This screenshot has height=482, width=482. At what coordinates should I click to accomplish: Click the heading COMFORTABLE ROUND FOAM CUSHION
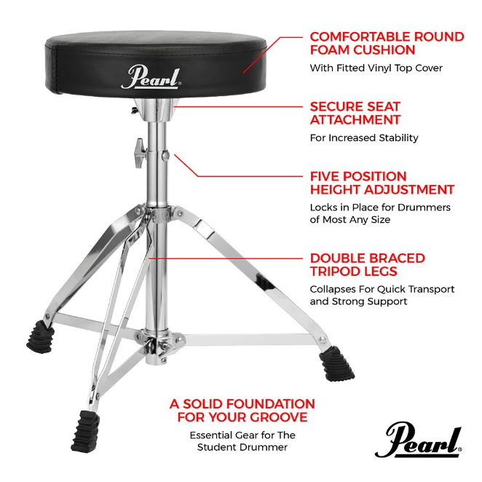[x=387, y=43]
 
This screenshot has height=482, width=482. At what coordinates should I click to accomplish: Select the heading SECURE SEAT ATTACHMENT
[x=355, y=113]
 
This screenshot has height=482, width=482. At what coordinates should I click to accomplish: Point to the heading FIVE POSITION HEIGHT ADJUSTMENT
[x=382, y=183]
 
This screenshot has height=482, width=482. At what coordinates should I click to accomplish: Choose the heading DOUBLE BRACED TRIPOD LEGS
[x=368, y=264]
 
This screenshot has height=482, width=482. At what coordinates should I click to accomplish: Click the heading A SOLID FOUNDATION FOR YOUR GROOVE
[x=242, y=411]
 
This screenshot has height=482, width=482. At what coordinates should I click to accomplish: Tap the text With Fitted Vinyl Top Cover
[x=376, y=68]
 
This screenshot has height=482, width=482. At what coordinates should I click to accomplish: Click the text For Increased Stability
[x=364, y=138]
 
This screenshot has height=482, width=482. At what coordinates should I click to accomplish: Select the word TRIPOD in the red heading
[x=334, y=272]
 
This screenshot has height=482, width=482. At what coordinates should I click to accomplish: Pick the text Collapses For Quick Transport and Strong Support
[x=382, y=295]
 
